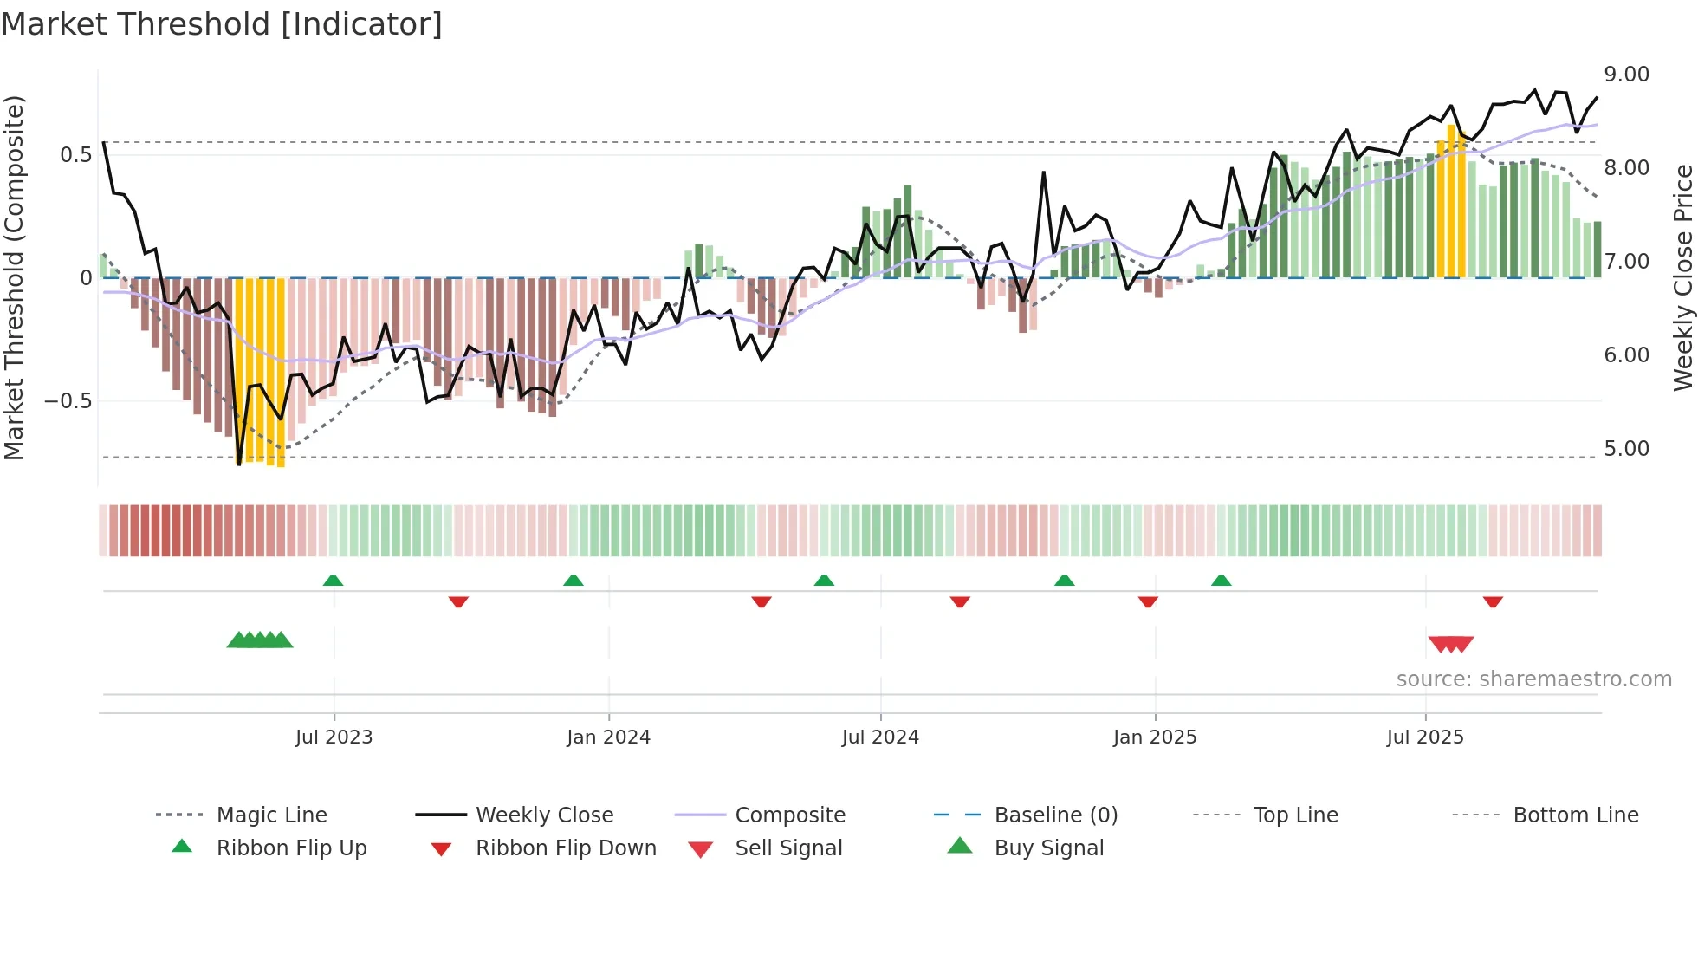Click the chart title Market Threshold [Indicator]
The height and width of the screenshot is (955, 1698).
pyautogui.click(x=222, y=24)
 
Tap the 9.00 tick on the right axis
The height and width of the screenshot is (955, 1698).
pyautogui.click(x=1626, y=75)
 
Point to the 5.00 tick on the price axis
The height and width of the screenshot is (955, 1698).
pyautogui.click(x=1626, y=449)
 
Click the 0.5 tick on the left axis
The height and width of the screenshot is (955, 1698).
pyautogui.click(x=75, y=155)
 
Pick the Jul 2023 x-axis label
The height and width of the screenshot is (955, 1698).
pyautogui.click(x=334, y=737)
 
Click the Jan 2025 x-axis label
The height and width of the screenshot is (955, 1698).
pyautogui.click(x=1154, y=737)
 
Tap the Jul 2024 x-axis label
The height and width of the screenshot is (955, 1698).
pyautogui.click(x=879, y=737)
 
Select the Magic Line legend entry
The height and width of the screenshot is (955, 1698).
pyautogui.click(x=271, y=815)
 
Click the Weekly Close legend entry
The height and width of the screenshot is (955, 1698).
pyautogui.click(x=544, y=815)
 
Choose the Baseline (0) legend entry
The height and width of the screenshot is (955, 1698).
pyautogui.click(x=1055, y=815)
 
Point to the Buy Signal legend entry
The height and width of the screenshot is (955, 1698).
pyautogui.click(x=1048, y=848)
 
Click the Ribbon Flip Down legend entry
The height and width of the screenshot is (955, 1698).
pyautogui.click(x=566, y=848)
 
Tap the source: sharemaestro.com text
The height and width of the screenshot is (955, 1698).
pyautogui.click(x=1533, y=679)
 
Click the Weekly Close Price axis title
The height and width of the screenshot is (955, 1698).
pyautogui.click(x=1682, y=277)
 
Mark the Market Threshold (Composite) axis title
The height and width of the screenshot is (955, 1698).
pyautogui.click(x=14, y=277)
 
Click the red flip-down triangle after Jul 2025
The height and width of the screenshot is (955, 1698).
pyautogui.click(x=1492, y=601)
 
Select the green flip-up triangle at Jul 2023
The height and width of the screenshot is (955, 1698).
pyautogui.click(x=333, y=581)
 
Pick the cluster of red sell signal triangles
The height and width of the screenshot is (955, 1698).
pyautogui.click(x=1450, y=644)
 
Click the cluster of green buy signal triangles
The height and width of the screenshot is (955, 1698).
pyautogui.click(x=260, y=640)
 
